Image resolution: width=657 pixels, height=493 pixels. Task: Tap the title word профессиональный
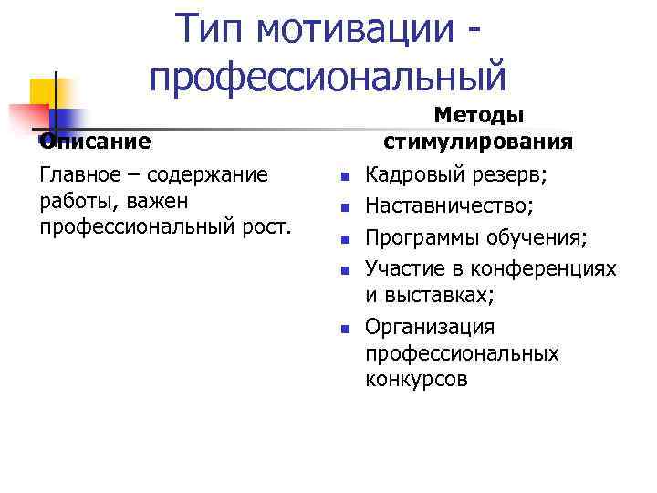pyautogui.click(x=328, y=76)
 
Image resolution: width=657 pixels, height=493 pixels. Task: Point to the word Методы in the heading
pyautogui.click(x=478, y=116)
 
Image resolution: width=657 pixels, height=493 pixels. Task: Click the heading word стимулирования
pyautogui.click(x=478, y=142)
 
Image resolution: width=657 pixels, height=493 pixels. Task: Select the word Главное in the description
pyautogui.click(x=79, y=174)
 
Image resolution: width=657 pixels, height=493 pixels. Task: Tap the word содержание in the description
pyautogui.click(x=212, y=174)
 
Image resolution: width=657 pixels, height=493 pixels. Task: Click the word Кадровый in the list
pyautogui.click(x=408, y=174)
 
